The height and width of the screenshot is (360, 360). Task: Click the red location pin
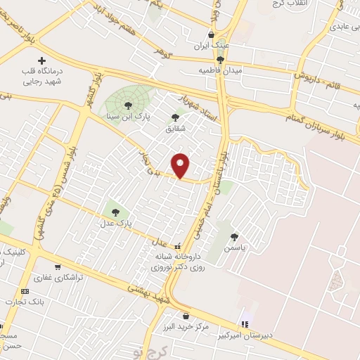[181, 165]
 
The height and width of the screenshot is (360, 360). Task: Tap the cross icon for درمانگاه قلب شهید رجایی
[41, 61]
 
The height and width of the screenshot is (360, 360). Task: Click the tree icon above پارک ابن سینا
[128, 105]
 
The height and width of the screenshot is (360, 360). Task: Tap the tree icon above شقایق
[174, 117]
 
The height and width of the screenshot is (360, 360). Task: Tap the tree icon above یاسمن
[234, 237]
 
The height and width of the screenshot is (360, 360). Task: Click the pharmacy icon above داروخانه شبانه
[177, 247]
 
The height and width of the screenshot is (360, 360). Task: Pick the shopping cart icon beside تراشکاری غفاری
[57, 267]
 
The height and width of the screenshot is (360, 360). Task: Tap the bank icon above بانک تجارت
[25, 291]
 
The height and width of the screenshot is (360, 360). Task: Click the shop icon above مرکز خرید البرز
[186, 316]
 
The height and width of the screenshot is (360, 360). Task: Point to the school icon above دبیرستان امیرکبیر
[245, 324]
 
